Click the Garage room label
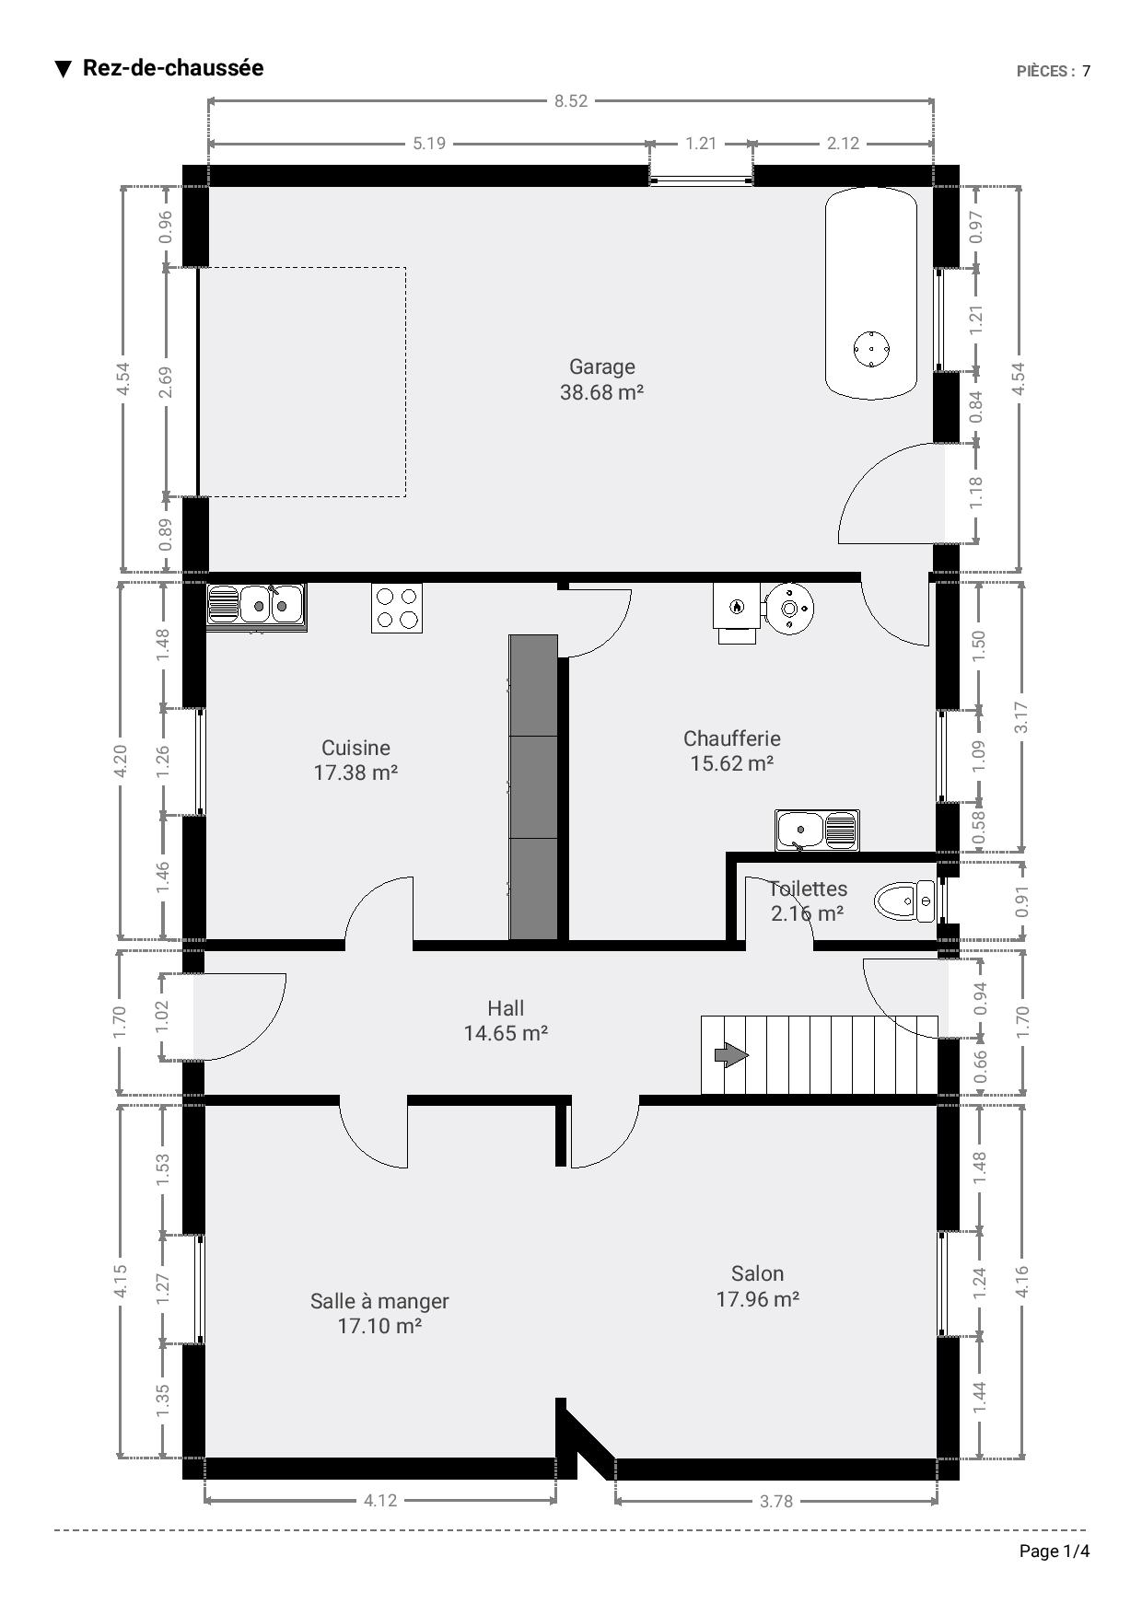[x=602, y=366]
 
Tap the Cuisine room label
[x=355, y=748]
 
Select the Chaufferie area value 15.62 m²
[x=731, y=763]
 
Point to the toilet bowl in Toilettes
[x=903, y=901]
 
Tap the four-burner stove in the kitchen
[x=397, y=608]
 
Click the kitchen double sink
[x=255, y=605]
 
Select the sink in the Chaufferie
[x=817, y=830]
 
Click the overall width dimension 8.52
[x=571, y=101]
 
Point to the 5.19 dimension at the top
[x=429, y=144]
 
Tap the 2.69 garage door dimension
[x=165, y=383]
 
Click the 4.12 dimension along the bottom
[x=380, y=1500]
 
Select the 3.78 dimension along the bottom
[x=775, y=1501]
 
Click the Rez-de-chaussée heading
[x=173, y=68]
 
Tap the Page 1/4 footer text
[x=1055, y=1551]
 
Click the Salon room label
[x=757, y=1273]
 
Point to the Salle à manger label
[x=379, y=1301]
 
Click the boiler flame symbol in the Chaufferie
[x=736, y=607]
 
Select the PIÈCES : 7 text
[x=1054, y=71]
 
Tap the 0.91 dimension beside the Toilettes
[x=1021, y=900]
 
